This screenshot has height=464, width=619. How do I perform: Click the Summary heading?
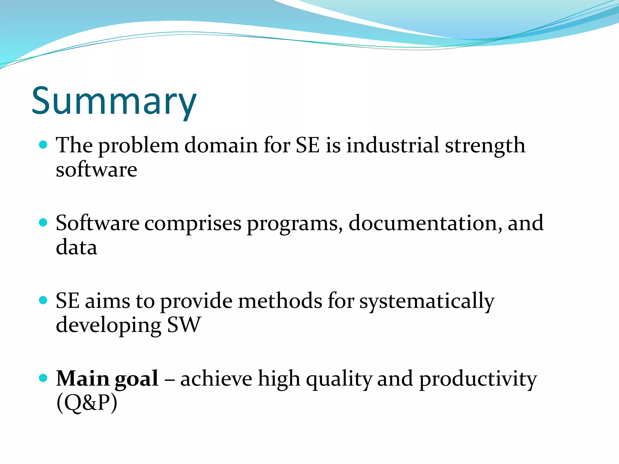click(114, 101)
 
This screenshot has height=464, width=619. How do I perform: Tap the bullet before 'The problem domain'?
click(44, 145)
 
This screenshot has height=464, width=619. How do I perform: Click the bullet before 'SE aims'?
click(44, 301)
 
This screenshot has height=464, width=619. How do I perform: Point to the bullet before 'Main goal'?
click(44, 378)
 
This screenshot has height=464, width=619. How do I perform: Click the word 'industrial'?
click(392, 145)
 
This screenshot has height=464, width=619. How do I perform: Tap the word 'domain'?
click(221, 145)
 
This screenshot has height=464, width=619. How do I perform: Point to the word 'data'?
click(76, 247)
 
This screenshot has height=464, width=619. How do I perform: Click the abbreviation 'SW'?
click(184, 325)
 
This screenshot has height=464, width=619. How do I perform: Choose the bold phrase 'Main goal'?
click(107, 379)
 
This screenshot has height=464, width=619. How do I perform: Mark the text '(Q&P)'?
click(87, 403)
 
